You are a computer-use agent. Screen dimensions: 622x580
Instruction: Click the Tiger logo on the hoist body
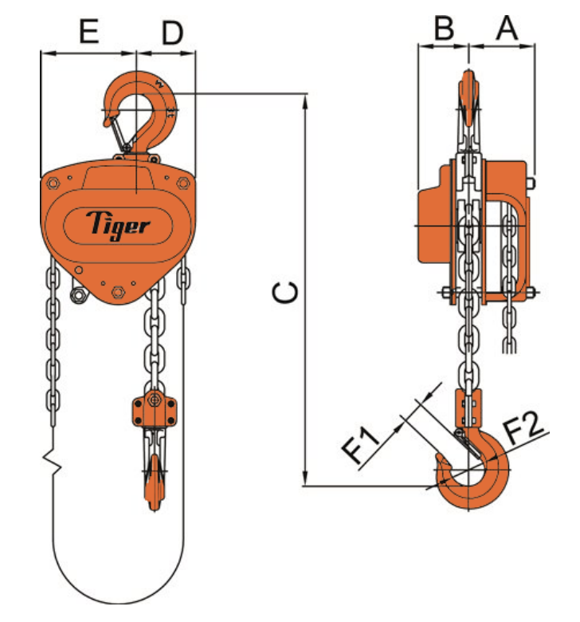[x=117, y=222]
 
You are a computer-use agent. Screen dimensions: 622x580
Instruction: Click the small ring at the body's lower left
[x=78, y=297]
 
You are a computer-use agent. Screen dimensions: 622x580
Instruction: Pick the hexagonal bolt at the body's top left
[x=53, y=183]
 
